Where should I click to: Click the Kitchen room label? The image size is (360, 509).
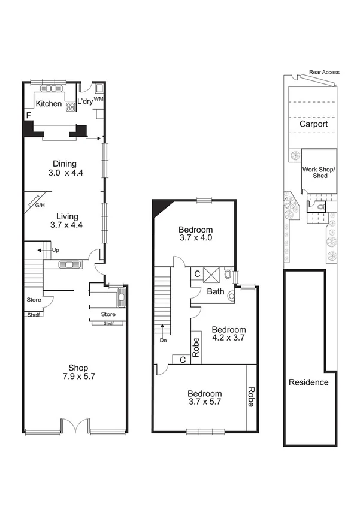49,104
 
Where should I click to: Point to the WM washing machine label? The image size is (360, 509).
99,98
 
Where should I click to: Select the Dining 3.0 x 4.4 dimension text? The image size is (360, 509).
65,173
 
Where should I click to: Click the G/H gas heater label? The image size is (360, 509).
40,206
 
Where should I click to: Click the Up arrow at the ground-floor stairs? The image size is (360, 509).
43,250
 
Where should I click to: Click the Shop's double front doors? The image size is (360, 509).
75,426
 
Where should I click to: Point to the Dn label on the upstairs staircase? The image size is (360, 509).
162,340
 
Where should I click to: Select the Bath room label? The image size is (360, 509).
215,292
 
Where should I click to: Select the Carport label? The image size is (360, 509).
314,124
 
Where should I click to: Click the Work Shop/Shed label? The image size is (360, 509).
319,173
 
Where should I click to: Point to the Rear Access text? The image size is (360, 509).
324,72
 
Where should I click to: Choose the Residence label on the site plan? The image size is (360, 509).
308,382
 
